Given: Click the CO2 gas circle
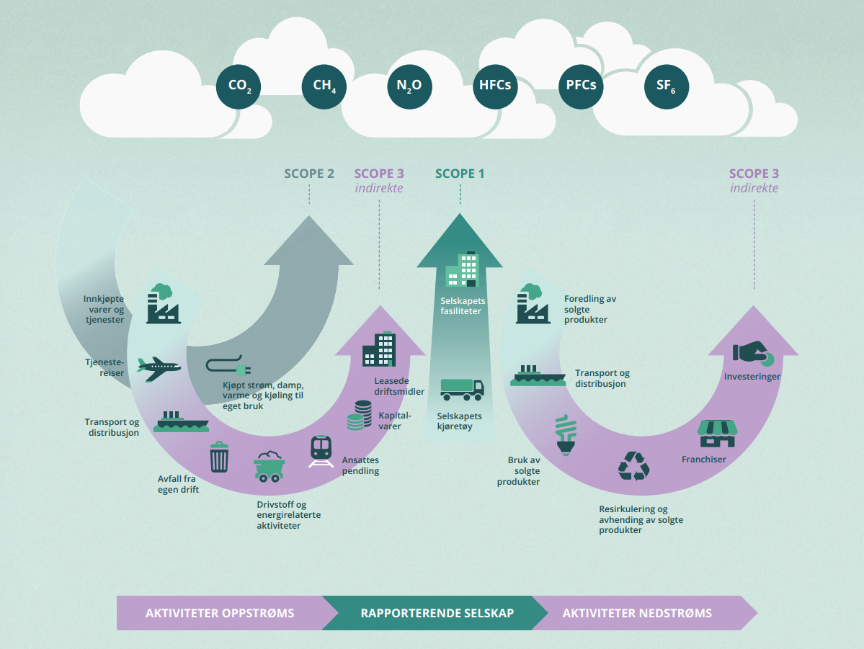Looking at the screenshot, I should [239, 86].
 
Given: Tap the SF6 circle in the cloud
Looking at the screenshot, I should [666, 86].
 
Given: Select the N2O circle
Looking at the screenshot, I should [409, 86].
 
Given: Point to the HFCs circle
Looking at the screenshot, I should [495, 86].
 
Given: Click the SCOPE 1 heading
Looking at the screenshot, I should [460, 174].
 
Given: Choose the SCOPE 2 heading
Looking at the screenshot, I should [309, 174].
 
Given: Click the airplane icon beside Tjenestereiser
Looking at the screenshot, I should [159, 368].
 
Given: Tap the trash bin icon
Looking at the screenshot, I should [219, 457].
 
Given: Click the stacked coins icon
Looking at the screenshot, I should [359, 416].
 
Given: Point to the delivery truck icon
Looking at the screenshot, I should [461, 389].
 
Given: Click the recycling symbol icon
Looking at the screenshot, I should [633, 465].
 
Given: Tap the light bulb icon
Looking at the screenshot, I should [565, 435].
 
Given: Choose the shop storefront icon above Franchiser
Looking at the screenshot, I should [718, 431].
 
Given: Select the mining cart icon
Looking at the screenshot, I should [269, 467].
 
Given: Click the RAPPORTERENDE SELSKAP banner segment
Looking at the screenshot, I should [437, 613].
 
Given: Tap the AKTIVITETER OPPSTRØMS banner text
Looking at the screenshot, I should [220, 613].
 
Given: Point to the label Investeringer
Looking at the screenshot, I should [752, 377].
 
